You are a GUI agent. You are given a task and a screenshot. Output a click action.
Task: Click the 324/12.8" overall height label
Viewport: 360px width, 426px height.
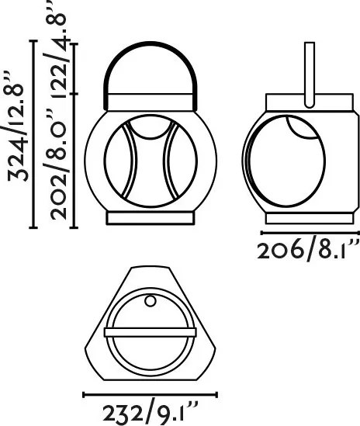pyautogui.click(x=17, y=127)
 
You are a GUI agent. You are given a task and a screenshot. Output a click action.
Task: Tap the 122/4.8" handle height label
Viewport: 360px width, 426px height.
pyautogui.click(x=59, y=49)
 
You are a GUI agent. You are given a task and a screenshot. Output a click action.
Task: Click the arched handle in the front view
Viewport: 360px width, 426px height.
pyautogui.click(x=151, y=43)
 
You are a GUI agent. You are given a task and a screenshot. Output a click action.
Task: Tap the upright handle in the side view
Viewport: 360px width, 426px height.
pyautogui.click(x=310, y=74)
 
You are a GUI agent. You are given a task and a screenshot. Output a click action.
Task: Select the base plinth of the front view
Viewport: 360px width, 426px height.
pyautogui.click(x=151, y=219)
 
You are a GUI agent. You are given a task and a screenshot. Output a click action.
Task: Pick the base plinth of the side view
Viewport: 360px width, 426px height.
pyautogui.click(x=310, y=219)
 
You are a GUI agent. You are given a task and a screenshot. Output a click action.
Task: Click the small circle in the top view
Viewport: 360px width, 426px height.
pyautogui.click(x=151, y=301)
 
